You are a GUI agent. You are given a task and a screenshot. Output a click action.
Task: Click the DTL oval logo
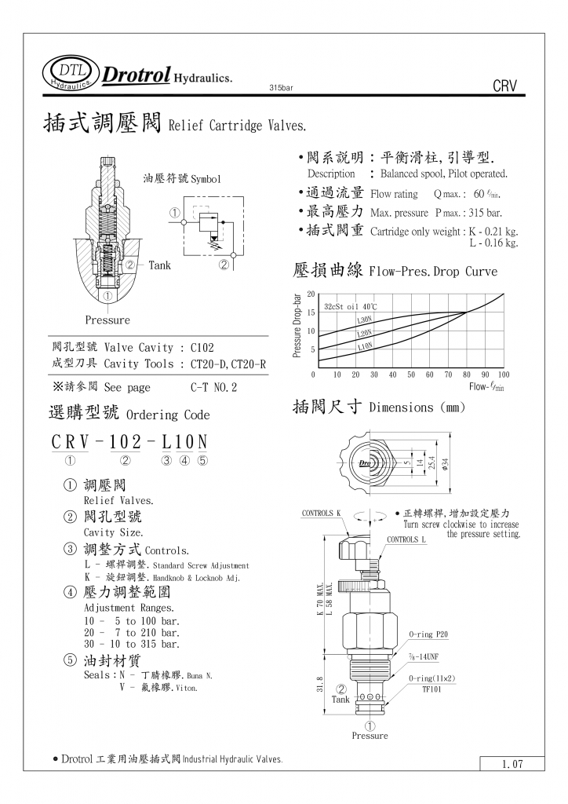pos(71,72)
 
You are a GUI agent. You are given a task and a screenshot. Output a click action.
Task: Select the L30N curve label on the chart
pos(365,320)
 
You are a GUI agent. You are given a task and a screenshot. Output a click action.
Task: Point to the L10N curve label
pos(365,345)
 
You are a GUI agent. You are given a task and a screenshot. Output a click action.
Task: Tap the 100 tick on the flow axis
pos(503,375)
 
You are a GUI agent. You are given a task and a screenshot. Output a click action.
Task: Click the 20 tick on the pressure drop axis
pos(311,294)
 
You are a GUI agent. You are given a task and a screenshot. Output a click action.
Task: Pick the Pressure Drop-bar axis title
pos(297,326)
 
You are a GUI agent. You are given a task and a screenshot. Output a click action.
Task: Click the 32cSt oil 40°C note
pos(350,306)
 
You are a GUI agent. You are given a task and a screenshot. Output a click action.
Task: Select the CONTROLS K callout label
pos(322,513)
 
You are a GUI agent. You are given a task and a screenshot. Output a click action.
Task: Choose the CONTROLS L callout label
pos(406,539)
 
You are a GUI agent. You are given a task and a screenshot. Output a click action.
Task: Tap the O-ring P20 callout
pos(428,634)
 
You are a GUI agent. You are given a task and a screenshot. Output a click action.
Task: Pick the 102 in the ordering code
pos(125,441)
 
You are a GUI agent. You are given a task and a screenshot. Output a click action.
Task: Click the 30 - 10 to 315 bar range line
pos(131,644)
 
